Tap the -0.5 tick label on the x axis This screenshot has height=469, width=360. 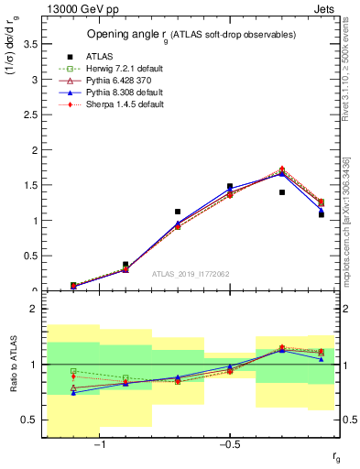[x=229, y=446]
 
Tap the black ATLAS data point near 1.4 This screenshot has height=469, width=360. [x=282, y=192]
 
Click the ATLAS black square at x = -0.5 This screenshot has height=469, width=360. [x=230, y=186]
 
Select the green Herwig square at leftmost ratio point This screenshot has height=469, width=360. [x=73, y=371]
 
